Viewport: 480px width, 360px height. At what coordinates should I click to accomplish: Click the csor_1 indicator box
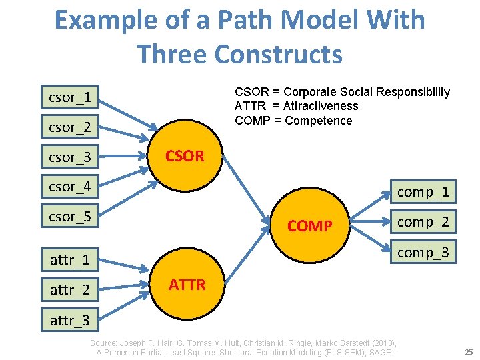69,97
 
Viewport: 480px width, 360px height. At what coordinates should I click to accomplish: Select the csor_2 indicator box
69,125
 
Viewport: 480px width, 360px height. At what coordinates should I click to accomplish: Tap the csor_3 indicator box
69,157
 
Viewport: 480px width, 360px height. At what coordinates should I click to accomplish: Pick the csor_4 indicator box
69,186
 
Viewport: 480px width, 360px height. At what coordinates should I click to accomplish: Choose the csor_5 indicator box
69,216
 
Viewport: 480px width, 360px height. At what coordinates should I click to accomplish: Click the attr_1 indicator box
70,259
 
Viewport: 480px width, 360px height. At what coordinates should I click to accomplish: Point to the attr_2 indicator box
70,290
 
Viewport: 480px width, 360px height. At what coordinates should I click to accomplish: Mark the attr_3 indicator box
70,321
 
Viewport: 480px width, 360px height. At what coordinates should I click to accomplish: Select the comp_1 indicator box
423,192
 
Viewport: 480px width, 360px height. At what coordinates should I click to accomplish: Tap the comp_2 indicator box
423,222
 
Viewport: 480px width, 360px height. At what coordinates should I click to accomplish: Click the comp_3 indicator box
423,253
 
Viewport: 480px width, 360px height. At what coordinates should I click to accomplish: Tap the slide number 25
469,351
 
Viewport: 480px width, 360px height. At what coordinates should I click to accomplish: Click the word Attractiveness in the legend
321,106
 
